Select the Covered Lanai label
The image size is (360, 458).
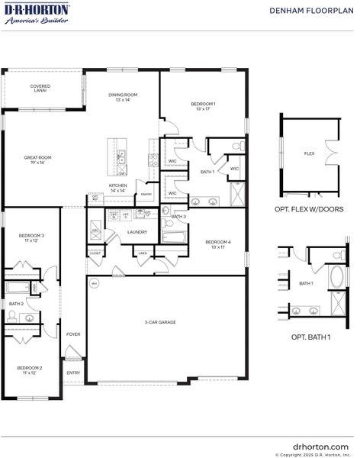tap(40, 89)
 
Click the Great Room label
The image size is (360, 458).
tap(34, 160)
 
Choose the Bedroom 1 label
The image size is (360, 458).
tap(203, 105)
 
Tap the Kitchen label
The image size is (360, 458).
tap(117, 187)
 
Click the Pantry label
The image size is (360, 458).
tap(144, 195)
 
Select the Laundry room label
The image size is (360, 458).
tap(137, 232)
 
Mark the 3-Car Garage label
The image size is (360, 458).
tap(161, 322)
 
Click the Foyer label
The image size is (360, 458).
tap(73, 334)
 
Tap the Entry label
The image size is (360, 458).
tap(73, 373)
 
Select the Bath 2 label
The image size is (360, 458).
tap(15, 304)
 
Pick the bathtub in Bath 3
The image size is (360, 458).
tap(174, 237)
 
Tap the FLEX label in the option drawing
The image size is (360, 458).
tap(309, 153)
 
